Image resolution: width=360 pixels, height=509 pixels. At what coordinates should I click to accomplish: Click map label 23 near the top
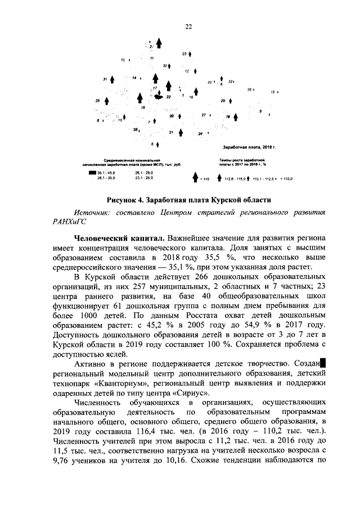pos(184,53)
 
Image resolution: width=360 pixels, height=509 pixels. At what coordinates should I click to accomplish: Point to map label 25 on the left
pos(97,100)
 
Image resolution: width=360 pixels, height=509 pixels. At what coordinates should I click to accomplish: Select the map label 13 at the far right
pos(273,91)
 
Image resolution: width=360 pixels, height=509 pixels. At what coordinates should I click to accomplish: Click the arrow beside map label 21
pos(181,132)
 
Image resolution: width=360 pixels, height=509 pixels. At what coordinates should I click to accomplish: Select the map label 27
pos(204,115)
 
